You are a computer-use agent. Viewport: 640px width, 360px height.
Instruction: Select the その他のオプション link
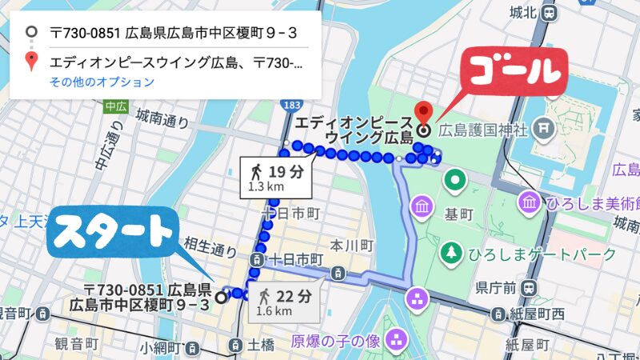coord(102,82)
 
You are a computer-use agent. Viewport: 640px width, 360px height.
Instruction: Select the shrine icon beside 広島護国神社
coord(543,126)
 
